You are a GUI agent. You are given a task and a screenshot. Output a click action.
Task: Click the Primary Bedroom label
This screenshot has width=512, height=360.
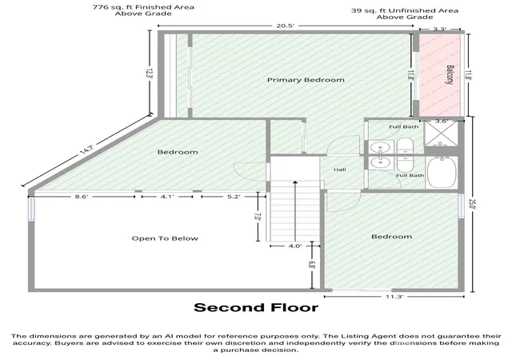pos(306,80)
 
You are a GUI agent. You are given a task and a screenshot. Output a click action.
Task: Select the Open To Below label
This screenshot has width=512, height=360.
pos(165,238)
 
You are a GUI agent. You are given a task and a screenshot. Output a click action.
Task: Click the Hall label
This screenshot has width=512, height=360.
pos(339,170)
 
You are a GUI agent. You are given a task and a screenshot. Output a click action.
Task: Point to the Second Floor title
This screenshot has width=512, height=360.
pos(256,308)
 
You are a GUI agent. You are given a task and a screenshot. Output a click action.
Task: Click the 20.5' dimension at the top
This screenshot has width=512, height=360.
pos(286,26)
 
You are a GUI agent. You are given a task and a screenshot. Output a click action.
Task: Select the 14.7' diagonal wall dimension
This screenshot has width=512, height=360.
pos(87,150)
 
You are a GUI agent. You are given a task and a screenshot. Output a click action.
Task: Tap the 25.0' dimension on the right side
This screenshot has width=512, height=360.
pos(471,204)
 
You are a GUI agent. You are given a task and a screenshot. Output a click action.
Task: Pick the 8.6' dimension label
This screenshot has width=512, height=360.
pos(82,197)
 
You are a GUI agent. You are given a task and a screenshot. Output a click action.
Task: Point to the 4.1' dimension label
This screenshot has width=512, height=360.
pos(167,197)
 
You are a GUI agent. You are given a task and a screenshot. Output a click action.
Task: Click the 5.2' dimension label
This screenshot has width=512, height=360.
pos(234,197)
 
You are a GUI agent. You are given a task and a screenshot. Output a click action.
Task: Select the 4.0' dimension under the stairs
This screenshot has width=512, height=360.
pos(295,246)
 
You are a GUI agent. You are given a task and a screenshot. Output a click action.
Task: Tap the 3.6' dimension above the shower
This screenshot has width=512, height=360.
pos(441,121)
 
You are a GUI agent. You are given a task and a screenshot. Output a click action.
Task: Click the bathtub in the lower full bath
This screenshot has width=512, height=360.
pos(442,172)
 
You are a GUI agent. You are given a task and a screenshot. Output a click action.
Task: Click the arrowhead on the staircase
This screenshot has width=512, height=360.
pos(295,182)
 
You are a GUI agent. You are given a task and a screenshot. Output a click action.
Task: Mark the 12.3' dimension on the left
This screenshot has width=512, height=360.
pos(150,73)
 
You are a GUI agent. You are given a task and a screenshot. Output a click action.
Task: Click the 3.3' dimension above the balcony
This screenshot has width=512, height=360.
pos(439,29)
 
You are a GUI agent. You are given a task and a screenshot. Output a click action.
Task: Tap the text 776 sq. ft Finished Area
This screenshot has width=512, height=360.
pos(143,7)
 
